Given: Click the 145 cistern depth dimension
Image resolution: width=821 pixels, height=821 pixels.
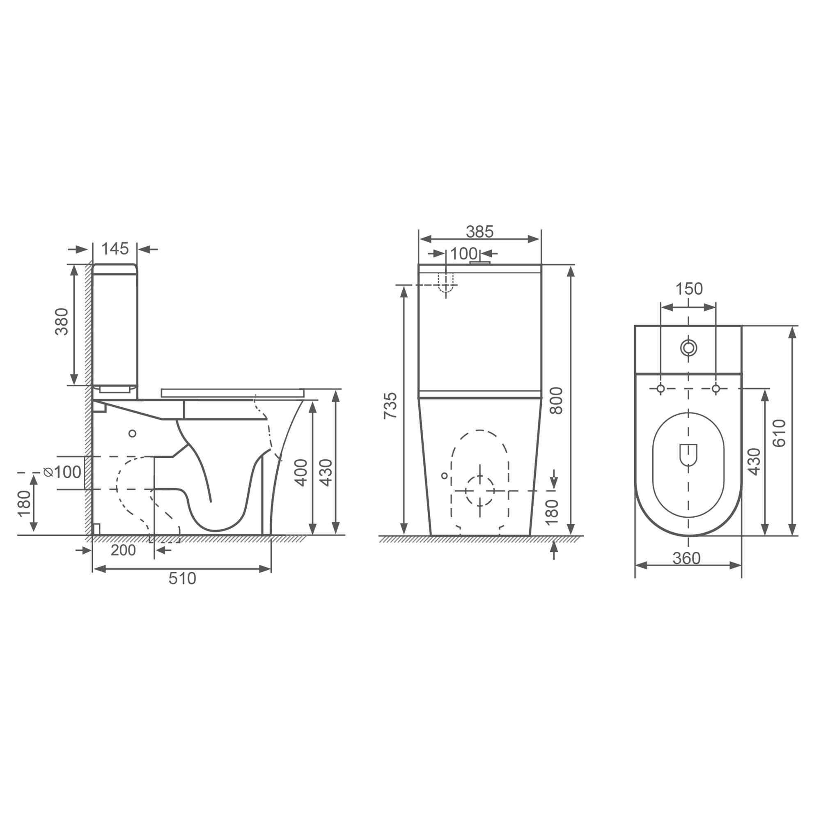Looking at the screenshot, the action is coord(115,249).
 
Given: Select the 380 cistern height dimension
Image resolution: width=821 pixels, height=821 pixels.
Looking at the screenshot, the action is coord(62,322).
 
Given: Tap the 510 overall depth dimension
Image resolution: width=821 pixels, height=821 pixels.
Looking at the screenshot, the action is coord(182,579).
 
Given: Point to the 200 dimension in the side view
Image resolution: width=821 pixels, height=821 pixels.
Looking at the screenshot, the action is coord(123,550).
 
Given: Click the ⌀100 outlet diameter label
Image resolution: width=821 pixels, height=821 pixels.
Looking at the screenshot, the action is coord(62,472).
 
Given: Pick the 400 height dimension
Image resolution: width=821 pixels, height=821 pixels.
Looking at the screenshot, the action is coord(301,472).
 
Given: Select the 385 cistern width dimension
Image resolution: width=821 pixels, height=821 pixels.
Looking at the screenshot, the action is coord(480,232).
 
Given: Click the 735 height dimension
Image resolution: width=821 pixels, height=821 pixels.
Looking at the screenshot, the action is coord(390,406).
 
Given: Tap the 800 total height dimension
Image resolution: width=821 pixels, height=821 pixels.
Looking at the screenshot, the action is coord(556,400).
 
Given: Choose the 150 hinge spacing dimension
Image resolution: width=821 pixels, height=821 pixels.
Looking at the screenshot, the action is coord(689,289).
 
